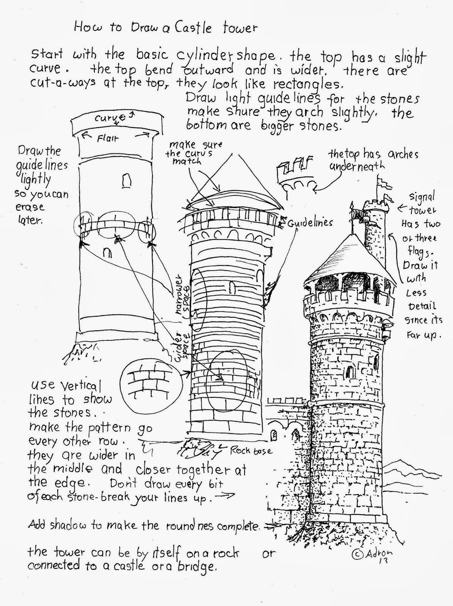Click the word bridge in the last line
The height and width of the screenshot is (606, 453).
point(198,566)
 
